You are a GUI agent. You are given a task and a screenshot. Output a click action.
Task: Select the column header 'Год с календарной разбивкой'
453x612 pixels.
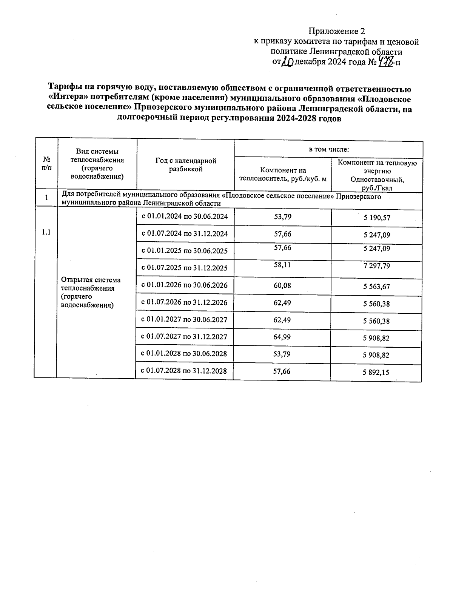186,165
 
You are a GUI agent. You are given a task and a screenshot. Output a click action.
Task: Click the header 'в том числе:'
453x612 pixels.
329,150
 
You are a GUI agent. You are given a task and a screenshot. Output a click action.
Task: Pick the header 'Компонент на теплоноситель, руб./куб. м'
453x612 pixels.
283,175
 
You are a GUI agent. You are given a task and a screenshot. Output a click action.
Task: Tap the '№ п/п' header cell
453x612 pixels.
47,164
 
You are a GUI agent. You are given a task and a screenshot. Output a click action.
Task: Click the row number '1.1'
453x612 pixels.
46,232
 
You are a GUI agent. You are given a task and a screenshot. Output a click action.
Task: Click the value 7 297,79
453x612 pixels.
376,266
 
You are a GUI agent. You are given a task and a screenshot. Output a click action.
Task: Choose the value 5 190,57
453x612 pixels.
377,218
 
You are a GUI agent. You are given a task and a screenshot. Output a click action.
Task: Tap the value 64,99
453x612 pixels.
282,337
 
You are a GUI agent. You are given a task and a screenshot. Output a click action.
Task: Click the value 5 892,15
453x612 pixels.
376,373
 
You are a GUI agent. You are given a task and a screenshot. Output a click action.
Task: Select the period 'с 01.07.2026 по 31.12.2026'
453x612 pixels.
184,303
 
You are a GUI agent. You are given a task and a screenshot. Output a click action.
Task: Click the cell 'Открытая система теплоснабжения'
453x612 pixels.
91,292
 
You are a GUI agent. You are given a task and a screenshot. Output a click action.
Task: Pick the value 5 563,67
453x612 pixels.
376,287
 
